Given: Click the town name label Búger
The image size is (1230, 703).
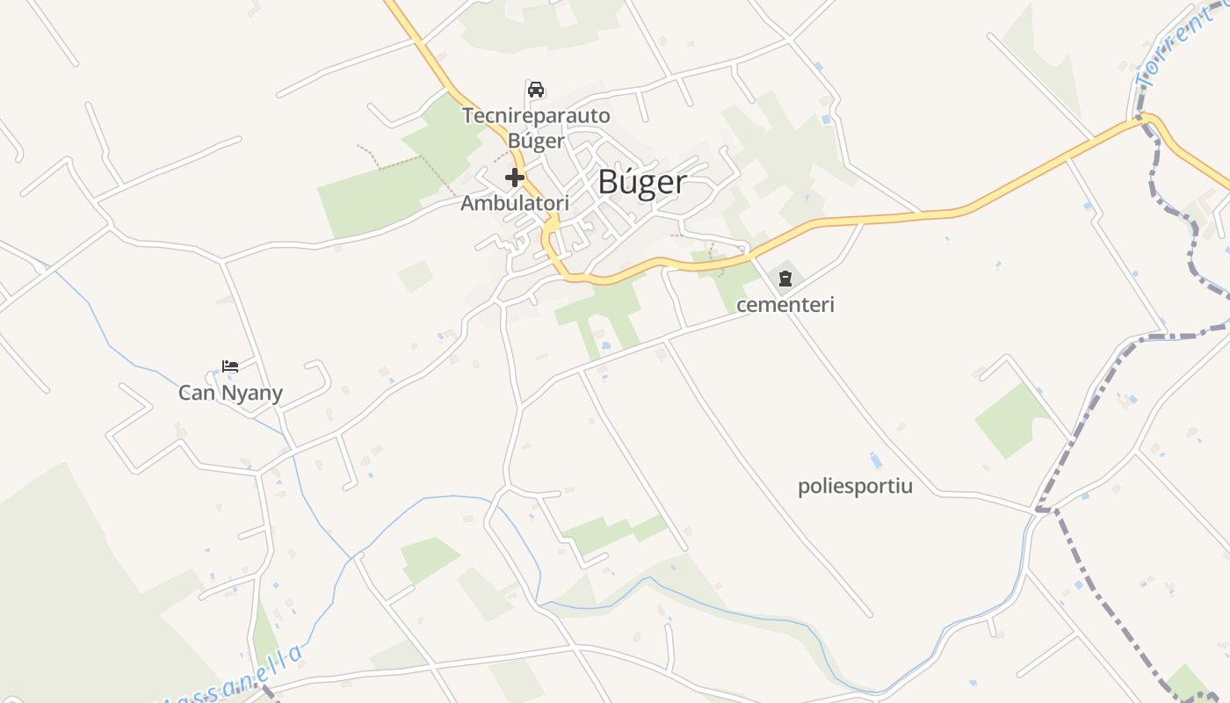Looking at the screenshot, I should coord(642,182).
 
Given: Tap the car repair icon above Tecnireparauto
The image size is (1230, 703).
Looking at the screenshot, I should coord(536,89).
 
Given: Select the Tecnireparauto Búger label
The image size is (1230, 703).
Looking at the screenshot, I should coord(536,128).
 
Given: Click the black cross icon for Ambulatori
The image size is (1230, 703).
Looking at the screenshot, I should coord(515,178).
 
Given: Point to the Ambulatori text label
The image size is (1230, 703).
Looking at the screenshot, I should coord(515,203).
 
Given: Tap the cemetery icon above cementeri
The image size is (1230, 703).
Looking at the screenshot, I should coord(785,279).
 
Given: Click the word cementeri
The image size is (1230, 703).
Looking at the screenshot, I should coord(785,305).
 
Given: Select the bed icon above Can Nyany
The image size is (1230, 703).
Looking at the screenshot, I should coord(230,366).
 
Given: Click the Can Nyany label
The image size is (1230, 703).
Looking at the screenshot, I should coord(230,392).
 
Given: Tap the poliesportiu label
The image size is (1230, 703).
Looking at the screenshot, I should coord(855,486).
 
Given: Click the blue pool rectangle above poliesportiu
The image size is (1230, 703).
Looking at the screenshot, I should coord(875,460).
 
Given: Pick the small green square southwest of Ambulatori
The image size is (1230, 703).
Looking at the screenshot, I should coord(415,276).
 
